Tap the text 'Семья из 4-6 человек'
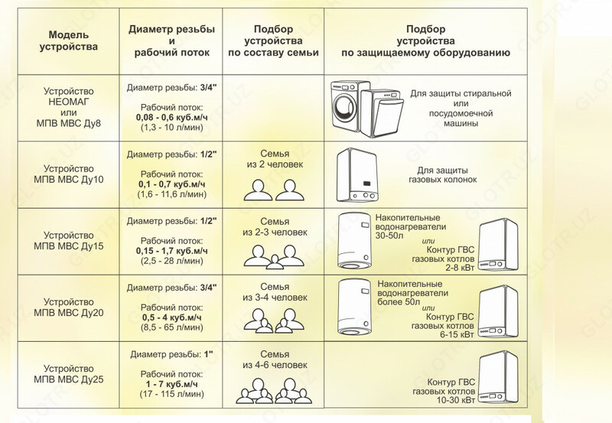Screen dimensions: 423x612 (x=274, y=360)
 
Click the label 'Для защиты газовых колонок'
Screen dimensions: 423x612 (x=447, y=174)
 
